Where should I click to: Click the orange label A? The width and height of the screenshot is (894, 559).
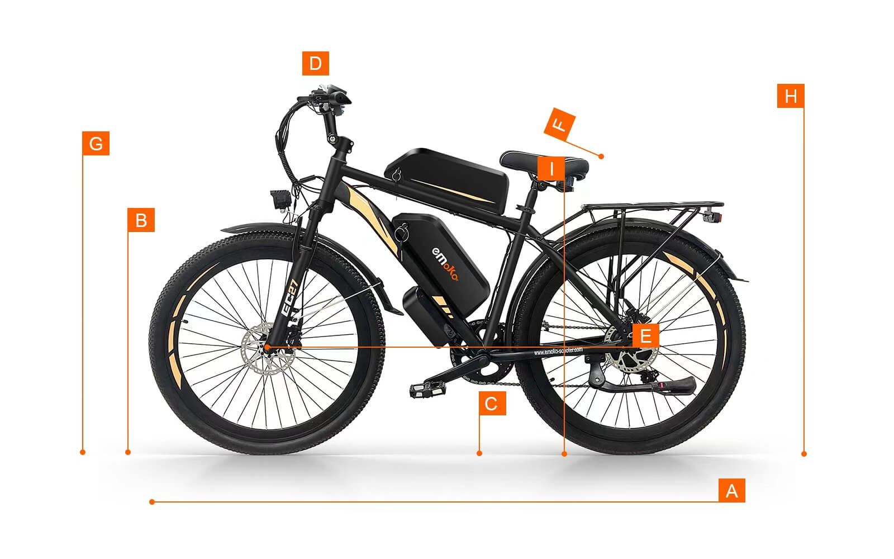click(x=731, y=491)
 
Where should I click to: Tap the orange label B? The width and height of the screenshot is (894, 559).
click(x=141, y=220)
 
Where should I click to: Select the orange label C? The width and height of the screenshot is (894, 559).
click(x=492, y=403)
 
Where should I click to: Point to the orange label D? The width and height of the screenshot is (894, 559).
click(x=315, y=63)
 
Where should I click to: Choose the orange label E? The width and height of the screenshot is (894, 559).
click(x=645, y=336)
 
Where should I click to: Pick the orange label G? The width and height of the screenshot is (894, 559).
click(x=96, y=144)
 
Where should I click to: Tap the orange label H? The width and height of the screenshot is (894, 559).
click(x=790, y=96)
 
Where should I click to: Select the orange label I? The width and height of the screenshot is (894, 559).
click(x=551, y=168)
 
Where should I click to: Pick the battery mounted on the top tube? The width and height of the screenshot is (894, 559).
click(x=447, y=179)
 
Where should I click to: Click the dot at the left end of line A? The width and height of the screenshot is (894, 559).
click(x=152, y=502)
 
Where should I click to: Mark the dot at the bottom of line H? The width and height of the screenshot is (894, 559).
click(x=803, y=454)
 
